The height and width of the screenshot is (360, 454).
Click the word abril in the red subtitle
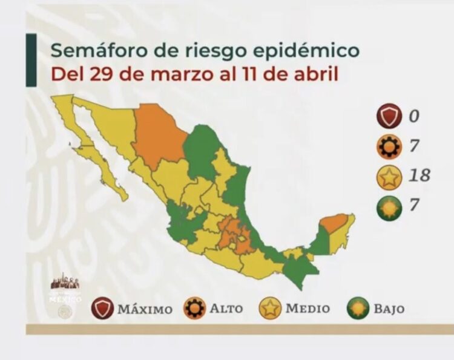pyautogui.click(x=315, y=74)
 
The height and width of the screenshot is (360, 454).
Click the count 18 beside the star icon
pyautogui.click(x=418, y=175)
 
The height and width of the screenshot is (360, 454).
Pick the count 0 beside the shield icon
pyautogui.click(x=415, y=115)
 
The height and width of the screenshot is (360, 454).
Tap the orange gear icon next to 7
pyautogui.click(x=389, y=145)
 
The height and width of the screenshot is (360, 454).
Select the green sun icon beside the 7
pyautogui.click(x=389, y=205)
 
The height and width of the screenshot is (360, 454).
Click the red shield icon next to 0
pyautogui.click(x=389, y=115)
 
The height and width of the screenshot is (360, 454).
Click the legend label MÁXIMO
pyautogui.click(x=145, y=309)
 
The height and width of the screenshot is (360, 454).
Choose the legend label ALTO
pyautogui.click(x=226, y=309)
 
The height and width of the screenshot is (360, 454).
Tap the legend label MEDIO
pyautogui.click(x=308, y=309)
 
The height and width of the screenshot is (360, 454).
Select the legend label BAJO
pyautogui.click(x=389, y=309)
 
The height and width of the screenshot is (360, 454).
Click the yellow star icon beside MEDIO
pyautogui.click(x=270, y=309)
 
